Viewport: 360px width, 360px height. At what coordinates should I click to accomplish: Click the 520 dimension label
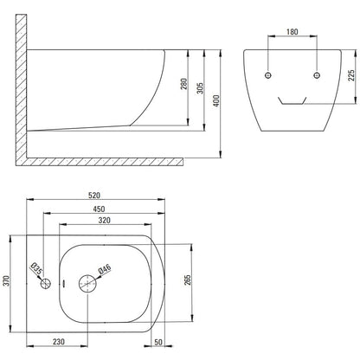click(x=94, y=196)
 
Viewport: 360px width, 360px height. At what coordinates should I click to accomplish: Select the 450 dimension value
click(x=99, y=209)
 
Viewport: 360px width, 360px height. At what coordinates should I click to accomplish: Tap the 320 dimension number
click(x=104, y=221)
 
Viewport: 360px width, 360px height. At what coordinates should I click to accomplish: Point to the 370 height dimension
click(x=6, y=280)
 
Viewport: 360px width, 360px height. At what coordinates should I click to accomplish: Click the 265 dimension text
click(x=188, y=280)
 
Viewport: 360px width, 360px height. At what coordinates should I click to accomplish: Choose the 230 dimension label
click(x=59, y=342)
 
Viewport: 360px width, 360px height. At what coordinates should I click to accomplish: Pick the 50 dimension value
click(x=158, y=342)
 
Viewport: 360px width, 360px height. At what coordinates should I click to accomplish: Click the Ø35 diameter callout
click(x=36, y=268)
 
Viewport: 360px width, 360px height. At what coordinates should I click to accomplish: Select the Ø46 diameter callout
click(x=105, y=269)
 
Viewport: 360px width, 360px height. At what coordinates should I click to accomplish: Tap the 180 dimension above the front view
click(x=292, y=32)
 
